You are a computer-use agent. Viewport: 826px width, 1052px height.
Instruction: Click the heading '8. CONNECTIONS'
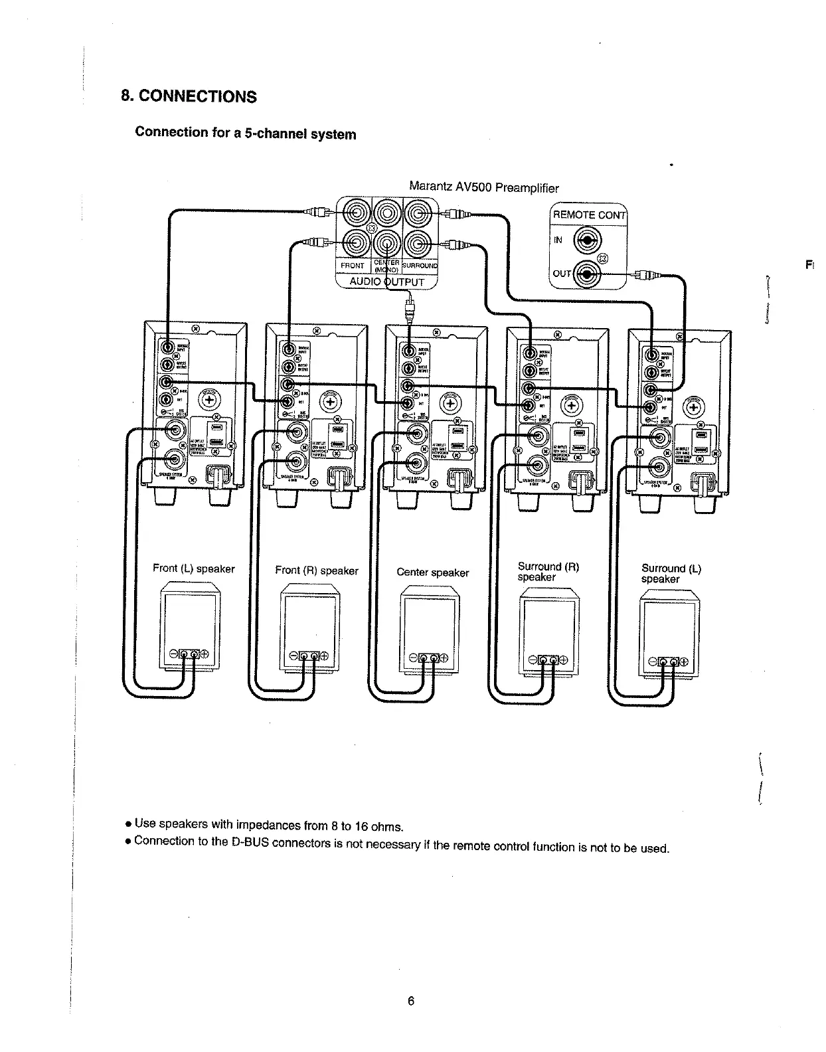click(189, 96)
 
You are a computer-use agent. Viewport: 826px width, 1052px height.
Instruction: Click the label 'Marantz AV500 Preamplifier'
click(483, 187)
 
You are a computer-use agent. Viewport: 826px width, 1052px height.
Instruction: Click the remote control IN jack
click(587, 240)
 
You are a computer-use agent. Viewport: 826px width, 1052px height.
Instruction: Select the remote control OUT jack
click(587, 273)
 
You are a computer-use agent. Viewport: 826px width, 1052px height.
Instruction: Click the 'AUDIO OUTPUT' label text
click(386, 282)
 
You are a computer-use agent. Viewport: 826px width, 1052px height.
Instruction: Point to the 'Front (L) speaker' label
click(193, 569)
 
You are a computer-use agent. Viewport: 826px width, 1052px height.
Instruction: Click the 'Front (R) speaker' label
click(316, 570)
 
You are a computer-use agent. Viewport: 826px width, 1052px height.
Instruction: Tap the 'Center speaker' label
click(432, 572)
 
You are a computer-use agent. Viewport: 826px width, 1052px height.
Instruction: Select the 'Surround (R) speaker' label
click(548, 572)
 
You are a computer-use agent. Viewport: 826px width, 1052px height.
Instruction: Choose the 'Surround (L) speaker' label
click(671, 573)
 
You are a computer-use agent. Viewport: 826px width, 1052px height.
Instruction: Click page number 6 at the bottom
click(411, 1001)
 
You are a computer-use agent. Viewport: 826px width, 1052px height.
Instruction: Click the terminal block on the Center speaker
click(428, 658)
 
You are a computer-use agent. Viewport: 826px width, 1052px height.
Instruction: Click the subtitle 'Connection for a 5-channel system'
click(245, 133)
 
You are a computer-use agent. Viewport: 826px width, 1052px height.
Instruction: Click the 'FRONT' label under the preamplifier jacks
click(352, 266)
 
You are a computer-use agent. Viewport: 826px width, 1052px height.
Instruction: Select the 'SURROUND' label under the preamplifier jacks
click(420, 266)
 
